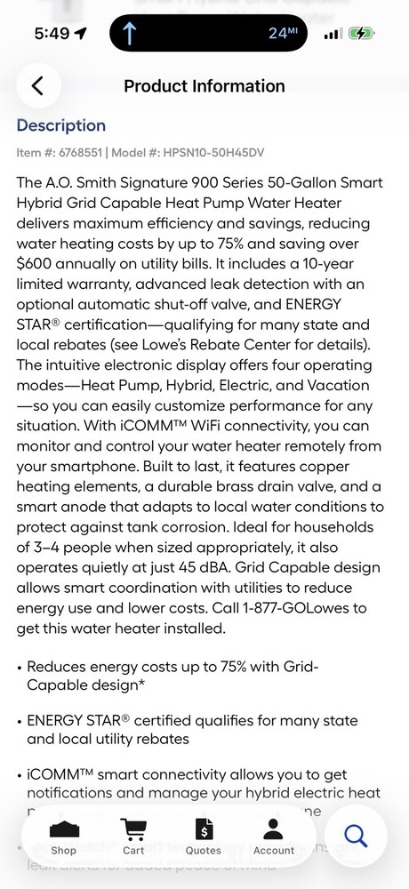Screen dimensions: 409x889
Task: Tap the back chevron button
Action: (x=38, y=86)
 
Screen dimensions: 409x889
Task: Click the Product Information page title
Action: (x=204, y=86)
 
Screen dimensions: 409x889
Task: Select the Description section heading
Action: (x=61, y=125)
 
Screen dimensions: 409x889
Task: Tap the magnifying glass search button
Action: (x=355, y=836)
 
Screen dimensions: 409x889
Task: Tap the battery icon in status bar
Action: (x=362, y=34)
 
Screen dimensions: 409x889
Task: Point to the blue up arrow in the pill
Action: (x=130, y=34)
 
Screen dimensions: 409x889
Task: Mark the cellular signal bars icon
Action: (x=333, y=34)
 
